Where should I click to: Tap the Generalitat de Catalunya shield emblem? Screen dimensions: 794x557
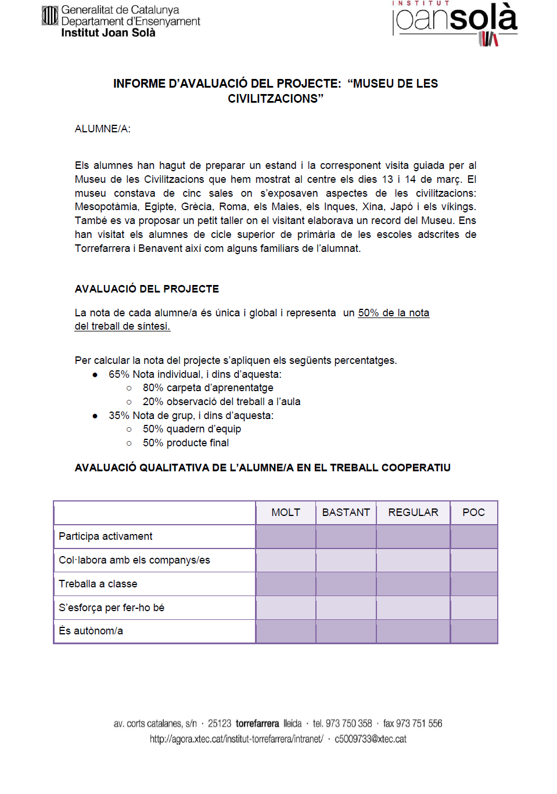point(50,16)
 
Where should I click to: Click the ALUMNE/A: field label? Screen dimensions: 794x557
point(102,129)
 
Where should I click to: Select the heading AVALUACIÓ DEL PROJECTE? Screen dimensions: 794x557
point(146,289)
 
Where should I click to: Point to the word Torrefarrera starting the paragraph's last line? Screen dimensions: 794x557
point(102,248)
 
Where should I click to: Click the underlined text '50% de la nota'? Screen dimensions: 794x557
point(393,313)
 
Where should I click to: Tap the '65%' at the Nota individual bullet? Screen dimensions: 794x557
point(119,374)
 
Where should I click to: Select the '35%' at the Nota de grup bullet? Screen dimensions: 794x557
point(119,416)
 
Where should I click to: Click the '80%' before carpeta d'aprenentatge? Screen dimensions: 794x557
point(153,388)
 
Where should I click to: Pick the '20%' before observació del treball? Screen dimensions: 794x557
point(153,402)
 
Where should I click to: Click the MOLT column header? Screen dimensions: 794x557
point(286,513)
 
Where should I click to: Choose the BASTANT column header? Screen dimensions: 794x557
point(346,513)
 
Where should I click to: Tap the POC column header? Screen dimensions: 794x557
point(473,513)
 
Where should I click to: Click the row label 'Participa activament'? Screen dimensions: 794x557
point(106,536)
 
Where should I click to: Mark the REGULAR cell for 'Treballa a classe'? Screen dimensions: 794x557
point(413,584)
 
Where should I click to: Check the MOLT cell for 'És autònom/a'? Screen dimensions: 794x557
point(286,631)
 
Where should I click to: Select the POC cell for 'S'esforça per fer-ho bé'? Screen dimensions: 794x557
point(473,608)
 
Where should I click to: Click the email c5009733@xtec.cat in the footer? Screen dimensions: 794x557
point(371,739)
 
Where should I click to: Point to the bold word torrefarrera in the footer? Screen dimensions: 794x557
point(257,724)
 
